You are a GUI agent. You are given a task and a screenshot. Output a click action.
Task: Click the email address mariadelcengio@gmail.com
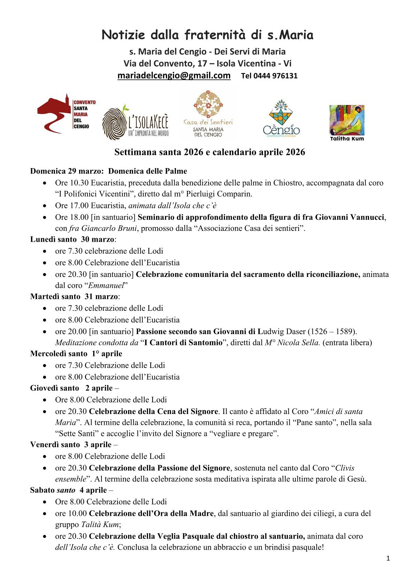coord(174,75)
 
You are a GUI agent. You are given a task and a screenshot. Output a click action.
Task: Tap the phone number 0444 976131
coord(275,76)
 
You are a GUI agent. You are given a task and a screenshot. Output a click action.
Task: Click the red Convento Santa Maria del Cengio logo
coord(66,114)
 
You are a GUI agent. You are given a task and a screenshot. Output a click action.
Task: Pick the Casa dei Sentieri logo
coord(208,114)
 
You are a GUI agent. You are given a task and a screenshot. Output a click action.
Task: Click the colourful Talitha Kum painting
coord(347,120)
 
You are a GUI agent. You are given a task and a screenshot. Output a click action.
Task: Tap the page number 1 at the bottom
coord(388,558)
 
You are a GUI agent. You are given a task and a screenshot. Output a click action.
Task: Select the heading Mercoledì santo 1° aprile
coord(76,353)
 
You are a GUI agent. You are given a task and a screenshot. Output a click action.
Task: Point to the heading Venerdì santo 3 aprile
coord(71,444)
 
